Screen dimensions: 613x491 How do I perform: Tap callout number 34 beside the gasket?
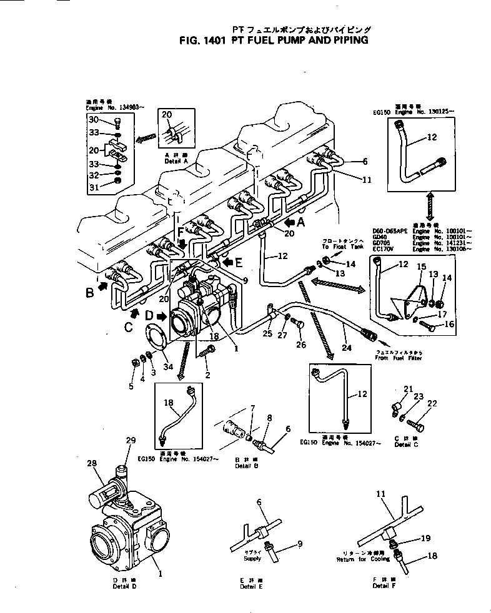click(x=167, y=366)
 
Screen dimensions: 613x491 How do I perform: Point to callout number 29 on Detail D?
click(x=131, y=441)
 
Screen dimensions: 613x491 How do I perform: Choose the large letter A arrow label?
click(x=301, y=222)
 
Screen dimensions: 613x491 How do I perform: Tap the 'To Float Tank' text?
click(x=340, y=247)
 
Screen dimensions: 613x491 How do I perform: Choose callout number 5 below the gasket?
click(x=131, y=386)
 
